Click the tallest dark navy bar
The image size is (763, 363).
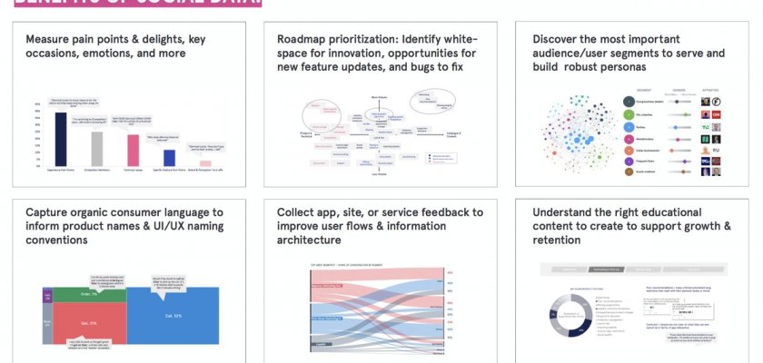pos(61,137)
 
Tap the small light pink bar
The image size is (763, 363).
pos(206,163)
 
